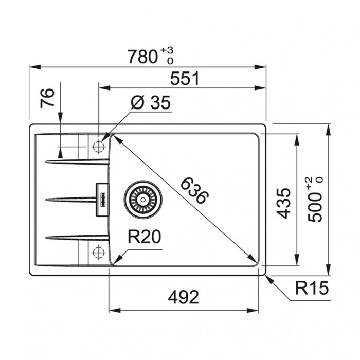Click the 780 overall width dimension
pos(142,57)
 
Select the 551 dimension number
pos(185,79)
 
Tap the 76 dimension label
pos(47,98)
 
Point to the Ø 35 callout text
pos(151,102)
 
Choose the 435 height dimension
pos(283,203)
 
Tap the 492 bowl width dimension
pos(183,297)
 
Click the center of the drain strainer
pos(143,199)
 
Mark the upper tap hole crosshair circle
pos(99,146)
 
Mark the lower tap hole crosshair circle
pos(99,253)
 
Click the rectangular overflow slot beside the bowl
pos(102,200)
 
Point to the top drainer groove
pos(77,161)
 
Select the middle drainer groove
pos(71,200)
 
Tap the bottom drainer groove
pos(77,238)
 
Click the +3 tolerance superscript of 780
pos(167,50)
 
